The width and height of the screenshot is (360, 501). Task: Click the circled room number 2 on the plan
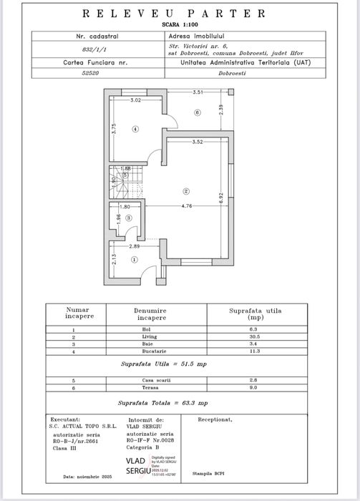(185, 191)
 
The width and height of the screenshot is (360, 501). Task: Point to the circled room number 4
(135, 128)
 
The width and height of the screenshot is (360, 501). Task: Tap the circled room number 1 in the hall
(133, 261)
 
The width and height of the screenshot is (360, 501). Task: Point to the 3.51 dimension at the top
(199, 93)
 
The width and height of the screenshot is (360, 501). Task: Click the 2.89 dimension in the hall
(135, 247)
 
